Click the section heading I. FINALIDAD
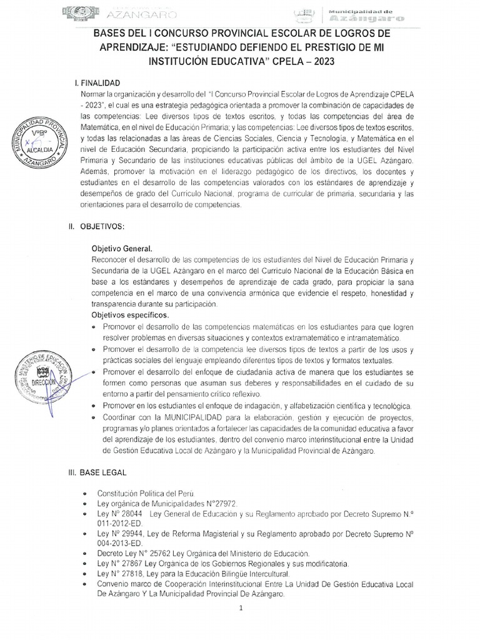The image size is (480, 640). [x=102, y=82]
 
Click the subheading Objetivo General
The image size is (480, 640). [x=122, y=247]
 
